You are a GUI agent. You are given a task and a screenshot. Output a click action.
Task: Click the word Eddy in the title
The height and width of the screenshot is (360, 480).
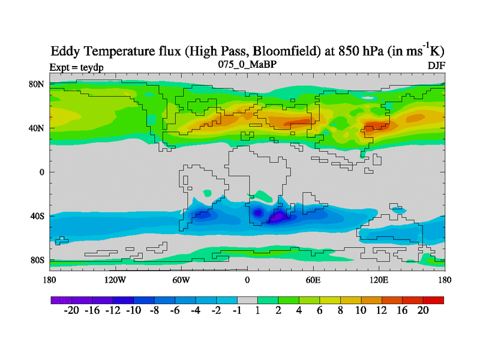pyautogui.click(x=67, y=50)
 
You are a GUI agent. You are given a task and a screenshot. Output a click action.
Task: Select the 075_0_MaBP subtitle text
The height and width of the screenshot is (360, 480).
pyautogui.click(x=247, y=64)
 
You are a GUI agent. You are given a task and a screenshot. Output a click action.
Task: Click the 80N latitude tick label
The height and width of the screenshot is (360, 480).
pyautogui.click(x=37, y=84)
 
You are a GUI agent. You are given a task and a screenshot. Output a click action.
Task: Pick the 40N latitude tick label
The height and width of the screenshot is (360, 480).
pyautogui.click(x=37, y=128)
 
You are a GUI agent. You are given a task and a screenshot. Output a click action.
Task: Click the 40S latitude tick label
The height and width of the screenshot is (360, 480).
pyautogui.click(x=38, y=216)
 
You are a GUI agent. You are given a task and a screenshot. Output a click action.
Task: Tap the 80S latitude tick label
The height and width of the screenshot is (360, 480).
pyautogui.click(x=38, y=260)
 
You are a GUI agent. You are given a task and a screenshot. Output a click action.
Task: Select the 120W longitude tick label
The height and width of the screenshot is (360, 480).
pyautogui.click(x=115, y=280)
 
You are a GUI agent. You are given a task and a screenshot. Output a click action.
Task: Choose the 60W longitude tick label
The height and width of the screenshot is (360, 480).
pyautogui.click(x=181, y=280)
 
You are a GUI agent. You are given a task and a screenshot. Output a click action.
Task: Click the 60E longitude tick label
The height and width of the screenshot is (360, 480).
pyautogui.click(x=313, y=280)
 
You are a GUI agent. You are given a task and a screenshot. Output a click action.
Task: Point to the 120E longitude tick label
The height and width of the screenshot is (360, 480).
pyautogui.click(x=379, y=280)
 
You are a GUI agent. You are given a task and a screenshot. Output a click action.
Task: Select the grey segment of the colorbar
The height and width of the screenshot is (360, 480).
pyautogui.click(x=247, y=299)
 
